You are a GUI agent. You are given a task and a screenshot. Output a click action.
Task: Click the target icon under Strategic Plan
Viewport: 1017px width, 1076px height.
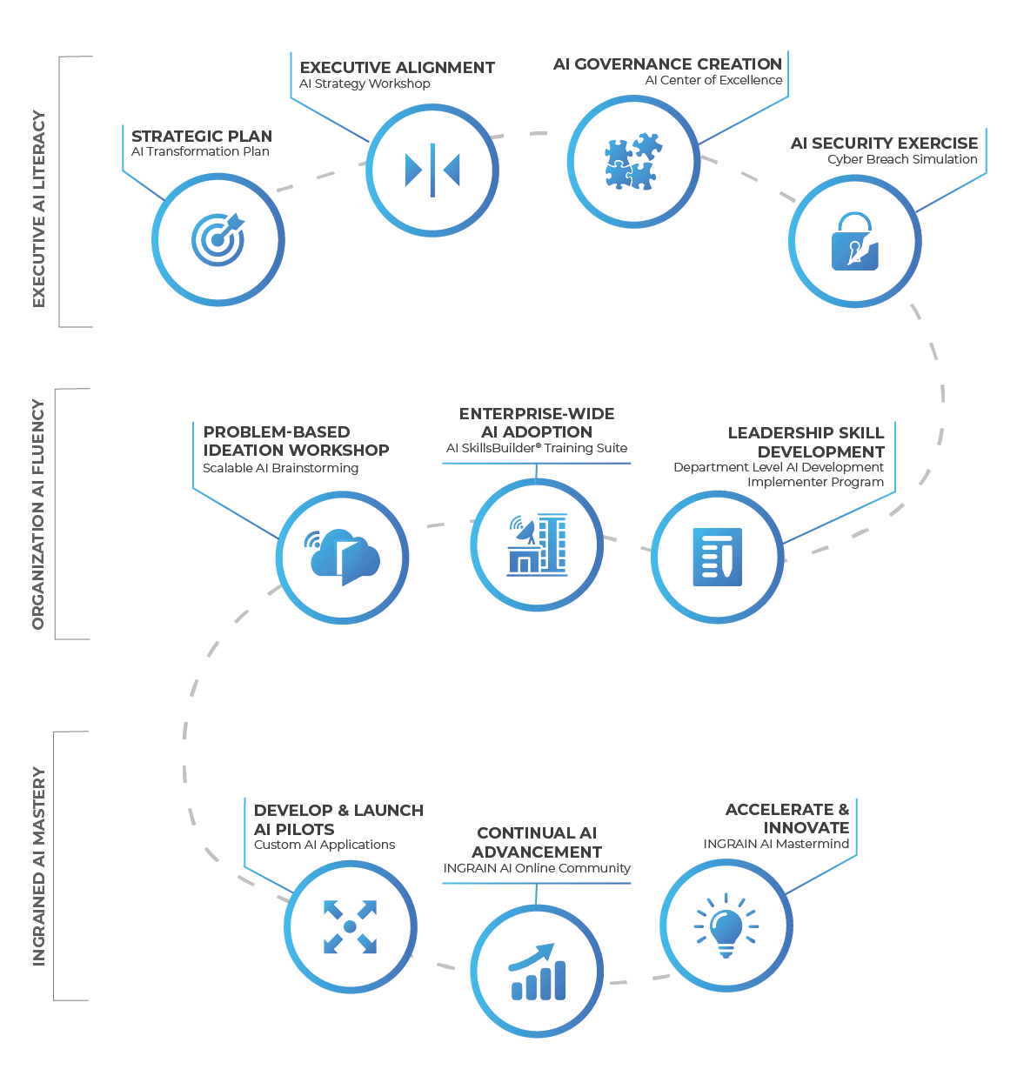click(217, 239)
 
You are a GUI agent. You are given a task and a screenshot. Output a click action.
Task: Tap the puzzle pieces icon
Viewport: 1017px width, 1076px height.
click(633, 161)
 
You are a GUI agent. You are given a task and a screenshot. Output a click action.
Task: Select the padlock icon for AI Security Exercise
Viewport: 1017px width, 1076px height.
click(855, 241)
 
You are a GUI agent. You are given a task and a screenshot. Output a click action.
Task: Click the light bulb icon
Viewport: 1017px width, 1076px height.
click(726, 926)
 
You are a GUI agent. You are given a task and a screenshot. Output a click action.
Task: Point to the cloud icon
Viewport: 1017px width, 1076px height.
click(342, 557)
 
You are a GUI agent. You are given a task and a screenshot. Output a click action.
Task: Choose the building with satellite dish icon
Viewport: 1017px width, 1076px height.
click(537, 545)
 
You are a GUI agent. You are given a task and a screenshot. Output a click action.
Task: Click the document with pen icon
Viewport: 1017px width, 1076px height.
click(717, 557)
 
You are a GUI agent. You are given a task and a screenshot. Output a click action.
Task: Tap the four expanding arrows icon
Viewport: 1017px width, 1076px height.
click(351, 926)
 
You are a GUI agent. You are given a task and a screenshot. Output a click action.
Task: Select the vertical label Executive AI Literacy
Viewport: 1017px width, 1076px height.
click(38, 209)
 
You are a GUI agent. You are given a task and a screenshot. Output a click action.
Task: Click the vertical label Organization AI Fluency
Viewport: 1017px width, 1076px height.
click(38, 514)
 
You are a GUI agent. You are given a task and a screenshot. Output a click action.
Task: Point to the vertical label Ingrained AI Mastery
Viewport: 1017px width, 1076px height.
click(38, 865)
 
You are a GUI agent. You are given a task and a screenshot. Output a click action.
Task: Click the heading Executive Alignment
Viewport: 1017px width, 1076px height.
click(398, 68)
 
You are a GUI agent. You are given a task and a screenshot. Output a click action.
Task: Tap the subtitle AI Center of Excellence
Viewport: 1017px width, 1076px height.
click(713, 80)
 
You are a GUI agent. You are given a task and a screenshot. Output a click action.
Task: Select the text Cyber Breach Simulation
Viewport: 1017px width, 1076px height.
click(902, 159)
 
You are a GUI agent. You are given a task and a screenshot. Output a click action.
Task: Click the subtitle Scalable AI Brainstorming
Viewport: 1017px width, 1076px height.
click(280, 468)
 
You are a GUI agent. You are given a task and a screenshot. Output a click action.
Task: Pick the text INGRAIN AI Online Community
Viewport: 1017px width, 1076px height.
click(537, 868)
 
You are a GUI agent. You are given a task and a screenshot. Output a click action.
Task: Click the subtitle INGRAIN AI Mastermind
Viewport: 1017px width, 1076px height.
click(776, 844)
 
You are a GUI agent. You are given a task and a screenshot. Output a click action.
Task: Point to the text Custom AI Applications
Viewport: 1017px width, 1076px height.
click(325, 845)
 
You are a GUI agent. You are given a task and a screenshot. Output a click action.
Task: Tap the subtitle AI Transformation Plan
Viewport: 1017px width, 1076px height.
click(200, 151)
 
